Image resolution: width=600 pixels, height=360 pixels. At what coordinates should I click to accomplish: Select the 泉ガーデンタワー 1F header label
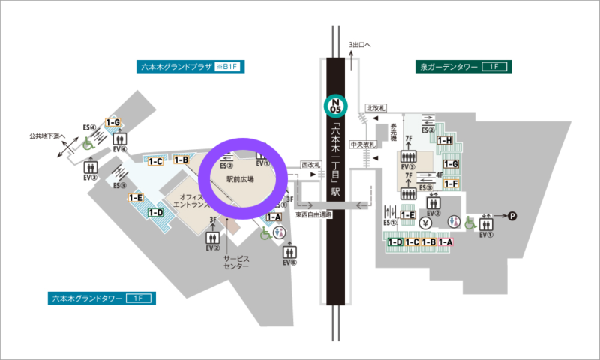pos(463,67)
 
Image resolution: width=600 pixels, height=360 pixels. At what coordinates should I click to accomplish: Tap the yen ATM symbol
pos(425,222)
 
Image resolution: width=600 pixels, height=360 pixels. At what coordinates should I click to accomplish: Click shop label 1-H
pos(444,140)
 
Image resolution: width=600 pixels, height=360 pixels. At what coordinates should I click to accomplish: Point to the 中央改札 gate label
pos(383,145)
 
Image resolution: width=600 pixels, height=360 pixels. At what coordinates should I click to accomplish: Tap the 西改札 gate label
pos(309,163)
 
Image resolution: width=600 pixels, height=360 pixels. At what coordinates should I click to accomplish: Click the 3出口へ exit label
pos(359,46)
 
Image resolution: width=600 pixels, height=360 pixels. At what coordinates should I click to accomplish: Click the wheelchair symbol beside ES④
pos(88,142)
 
